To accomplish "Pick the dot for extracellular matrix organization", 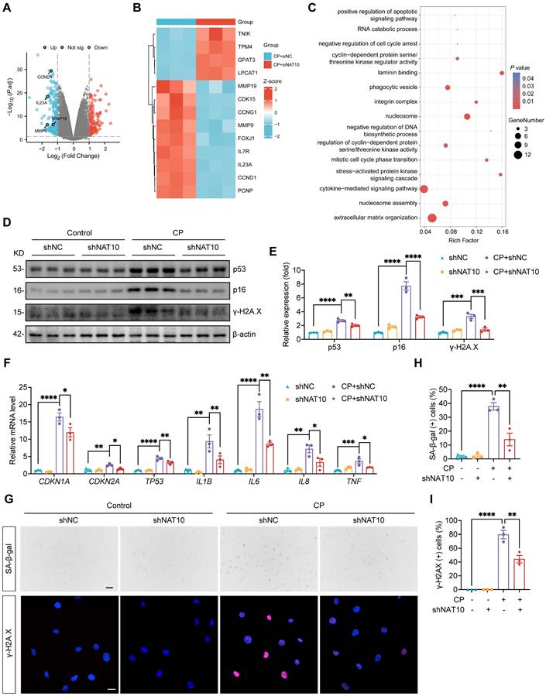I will click(x=432, y=218).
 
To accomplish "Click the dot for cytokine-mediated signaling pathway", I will click(x=424, y=189).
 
